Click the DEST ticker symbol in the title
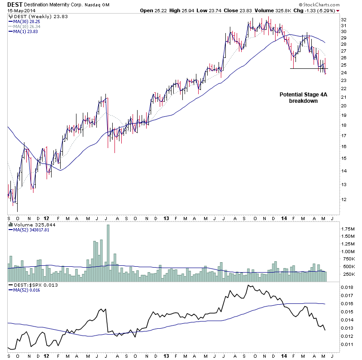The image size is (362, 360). tap(15, 4)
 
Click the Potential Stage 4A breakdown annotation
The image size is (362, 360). tap(303, 98)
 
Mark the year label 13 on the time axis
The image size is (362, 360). tap(166, 218)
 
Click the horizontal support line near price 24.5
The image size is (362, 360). tap(308, 68)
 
